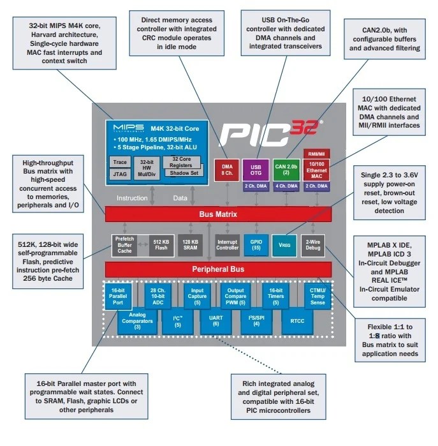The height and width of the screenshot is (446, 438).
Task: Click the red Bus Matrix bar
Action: tap(218, 214)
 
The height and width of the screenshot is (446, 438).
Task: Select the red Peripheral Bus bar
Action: tap(218, 269)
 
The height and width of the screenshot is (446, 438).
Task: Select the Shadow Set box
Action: tap(184, 173)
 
